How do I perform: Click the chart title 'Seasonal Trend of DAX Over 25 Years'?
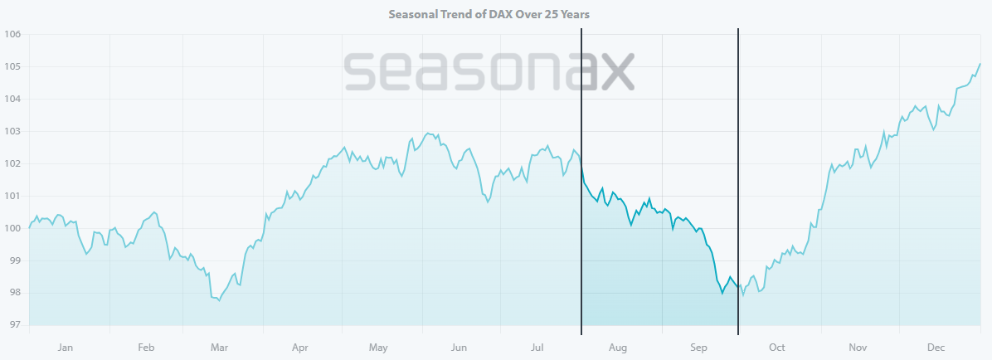tap(495, 14)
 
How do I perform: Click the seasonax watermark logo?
tap(489, 72)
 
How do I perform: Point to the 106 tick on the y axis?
tap(12, 35)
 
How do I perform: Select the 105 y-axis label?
tap(12, 66)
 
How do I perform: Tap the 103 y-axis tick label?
tap(12, 131)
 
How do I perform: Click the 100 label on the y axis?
tap(12, 228)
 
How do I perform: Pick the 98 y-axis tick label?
tap(12, 293)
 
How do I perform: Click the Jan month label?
tap(66, 348)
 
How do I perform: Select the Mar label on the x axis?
tap(221, 348)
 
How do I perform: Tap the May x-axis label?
tap(378, 348)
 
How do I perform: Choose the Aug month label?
tap(618, 348)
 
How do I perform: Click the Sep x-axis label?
tap(698, 348)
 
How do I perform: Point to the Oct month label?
tap(777, 348)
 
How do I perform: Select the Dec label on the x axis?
tap(936, 348)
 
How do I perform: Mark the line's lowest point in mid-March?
tap(219, 300)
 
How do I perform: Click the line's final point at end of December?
tap(980, 63)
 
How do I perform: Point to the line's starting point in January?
tap(30, 227)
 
